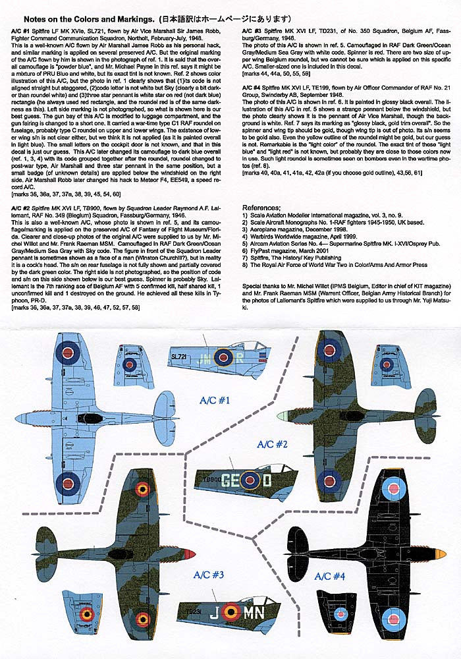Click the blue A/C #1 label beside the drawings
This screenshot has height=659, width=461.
point(211,400)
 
